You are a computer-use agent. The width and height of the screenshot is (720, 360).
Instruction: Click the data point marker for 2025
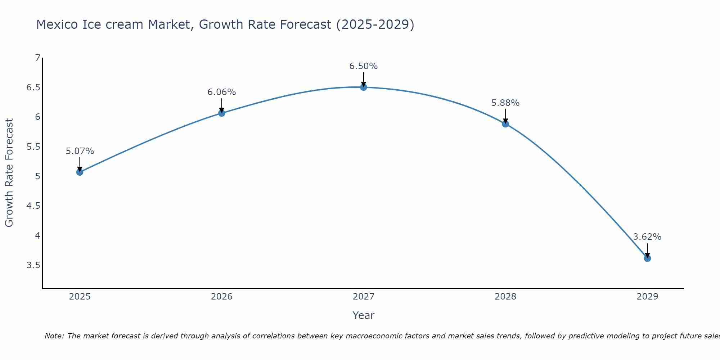80,172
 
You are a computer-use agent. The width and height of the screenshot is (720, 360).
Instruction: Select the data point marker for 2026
221,113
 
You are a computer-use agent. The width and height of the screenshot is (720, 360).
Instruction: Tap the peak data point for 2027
363,87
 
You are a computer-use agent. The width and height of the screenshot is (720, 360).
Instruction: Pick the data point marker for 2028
505,124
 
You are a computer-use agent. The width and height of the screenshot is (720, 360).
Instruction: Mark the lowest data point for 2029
647,258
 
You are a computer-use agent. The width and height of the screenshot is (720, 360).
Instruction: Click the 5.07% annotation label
80,151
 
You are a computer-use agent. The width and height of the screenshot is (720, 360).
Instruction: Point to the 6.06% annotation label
221,92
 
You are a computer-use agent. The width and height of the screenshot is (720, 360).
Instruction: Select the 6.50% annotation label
363,66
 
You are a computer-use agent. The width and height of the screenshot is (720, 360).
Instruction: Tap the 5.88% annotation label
505,103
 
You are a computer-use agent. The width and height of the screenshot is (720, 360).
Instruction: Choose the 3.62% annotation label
647,237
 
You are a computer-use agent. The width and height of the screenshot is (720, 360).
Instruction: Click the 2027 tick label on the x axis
363,297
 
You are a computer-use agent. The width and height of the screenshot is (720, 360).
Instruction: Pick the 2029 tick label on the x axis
647,297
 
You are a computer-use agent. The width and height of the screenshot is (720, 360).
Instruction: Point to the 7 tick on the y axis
37,58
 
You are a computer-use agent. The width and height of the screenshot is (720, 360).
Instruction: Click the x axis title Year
363,315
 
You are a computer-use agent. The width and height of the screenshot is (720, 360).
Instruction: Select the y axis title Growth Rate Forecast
9,173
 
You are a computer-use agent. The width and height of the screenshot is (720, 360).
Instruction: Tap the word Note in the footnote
54,336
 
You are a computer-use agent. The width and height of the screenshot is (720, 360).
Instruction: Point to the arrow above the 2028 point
505,116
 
